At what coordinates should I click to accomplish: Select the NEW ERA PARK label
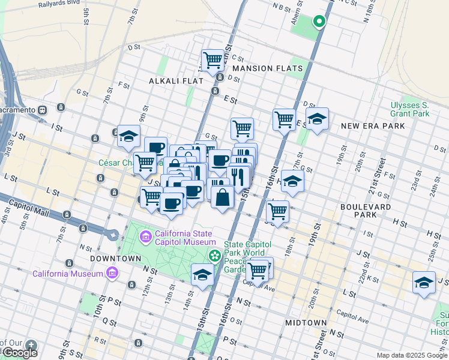coord(373,126)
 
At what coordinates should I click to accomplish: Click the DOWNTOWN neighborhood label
coord(115,258)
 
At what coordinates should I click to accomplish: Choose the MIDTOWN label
coord(306,323)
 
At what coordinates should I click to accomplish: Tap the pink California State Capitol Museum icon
coord(145,238)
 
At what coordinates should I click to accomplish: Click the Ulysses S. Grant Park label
coord(409,109)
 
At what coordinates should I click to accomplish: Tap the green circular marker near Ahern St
coord(319,23)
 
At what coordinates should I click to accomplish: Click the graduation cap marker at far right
coord(424,282)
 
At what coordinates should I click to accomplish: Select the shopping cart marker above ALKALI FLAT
coord(212,60)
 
